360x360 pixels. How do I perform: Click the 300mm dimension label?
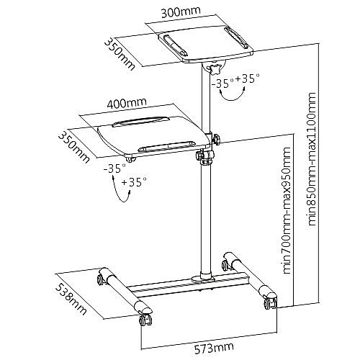coord(181,12)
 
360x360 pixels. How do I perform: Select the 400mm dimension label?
coord(127,103)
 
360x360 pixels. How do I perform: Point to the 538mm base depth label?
coord(71,300)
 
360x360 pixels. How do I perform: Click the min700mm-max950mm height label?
coord(287,210)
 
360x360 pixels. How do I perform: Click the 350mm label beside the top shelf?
coord(120,55)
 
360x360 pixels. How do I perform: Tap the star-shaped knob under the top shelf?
coord(215,69)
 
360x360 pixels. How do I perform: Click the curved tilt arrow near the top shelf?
coord(232,99)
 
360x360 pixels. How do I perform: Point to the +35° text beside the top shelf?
coord(248,78)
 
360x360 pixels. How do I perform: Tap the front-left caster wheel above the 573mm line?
coord(145,320)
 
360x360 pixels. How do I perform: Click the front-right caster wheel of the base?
coord(270,303)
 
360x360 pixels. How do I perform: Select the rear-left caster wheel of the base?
coord(101,279)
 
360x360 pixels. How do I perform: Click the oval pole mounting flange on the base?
coord(203,279)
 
